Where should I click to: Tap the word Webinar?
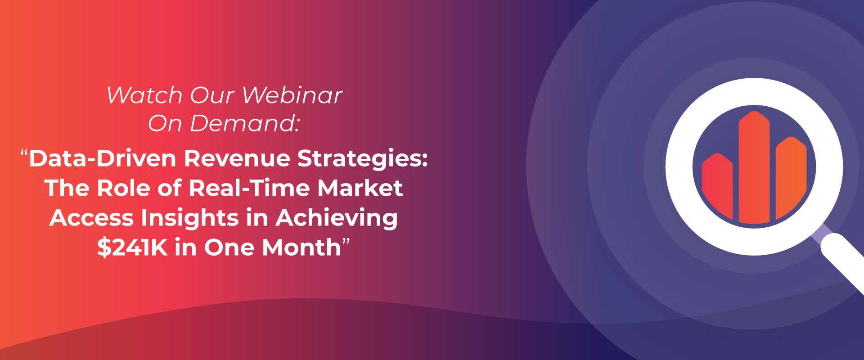pyautogui.click(x=292, y=95)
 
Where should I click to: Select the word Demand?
pyautogui.click(x=245, y=123)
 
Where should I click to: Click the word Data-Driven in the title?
pyautogui.click(x=103, y=158)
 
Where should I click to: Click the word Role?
pyautogui.click(x=122, y=188)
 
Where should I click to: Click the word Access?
pyautogui.click(x=91, y=218)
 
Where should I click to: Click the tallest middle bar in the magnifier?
pyautogui.click(x=754, y=167)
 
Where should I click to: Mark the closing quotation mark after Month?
pyautogui.click(x=346, y=243)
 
